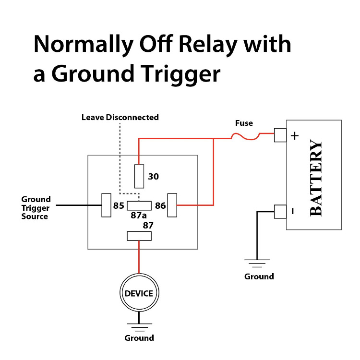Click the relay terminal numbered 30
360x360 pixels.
point(139,176)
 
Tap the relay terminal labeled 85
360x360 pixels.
point(106,205)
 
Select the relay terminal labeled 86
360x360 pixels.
point(172,205)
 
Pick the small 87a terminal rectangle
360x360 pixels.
point(139,206)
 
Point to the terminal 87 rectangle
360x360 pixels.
point(139,236)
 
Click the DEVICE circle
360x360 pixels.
point(139,293)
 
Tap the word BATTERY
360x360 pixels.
point(315,178)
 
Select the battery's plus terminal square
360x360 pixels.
point(280,135)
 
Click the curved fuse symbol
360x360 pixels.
point(246,138)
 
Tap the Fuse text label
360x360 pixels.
point(243,123)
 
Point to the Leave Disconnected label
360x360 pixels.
point(120,117)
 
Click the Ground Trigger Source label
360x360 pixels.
point(36,208)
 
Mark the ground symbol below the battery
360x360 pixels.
point(258,263)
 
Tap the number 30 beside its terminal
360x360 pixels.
point(153,177)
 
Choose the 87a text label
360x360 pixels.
point(139,216)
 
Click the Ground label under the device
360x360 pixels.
point(139,338)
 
